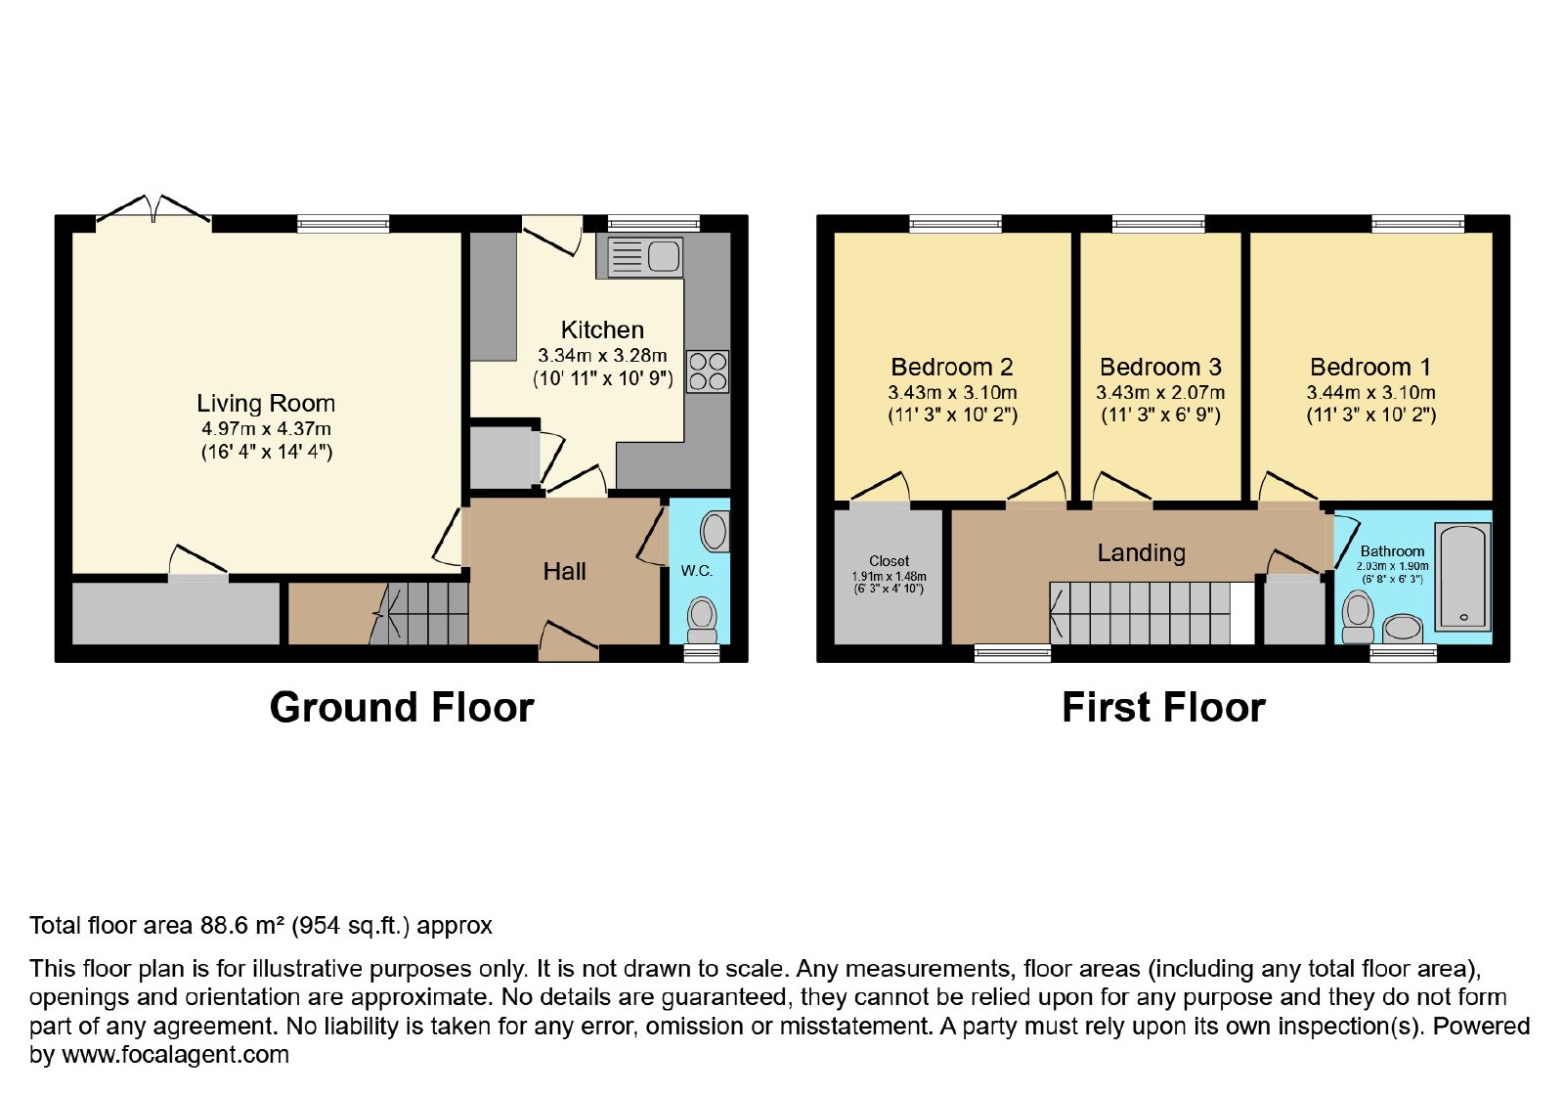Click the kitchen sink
click(645, 257)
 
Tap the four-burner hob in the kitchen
click(708, 372)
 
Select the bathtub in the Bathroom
click(1462, 577)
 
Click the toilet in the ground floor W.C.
click(702, 620)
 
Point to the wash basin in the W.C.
click(715, 532)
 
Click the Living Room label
click(266, 404)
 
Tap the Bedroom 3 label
click(1160, 367)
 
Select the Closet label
click(889, 561)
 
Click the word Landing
click(1142, 553)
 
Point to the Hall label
click(564, 571)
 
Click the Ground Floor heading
click(402, 708)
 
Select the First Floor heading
click(1163, 708)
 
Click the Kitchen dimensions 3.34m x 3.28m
click(602, 356)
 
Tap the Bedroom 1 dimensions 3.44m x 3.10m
click(1370, 392)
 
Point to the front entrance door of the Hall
click(568, 642)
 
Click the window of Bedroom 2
click(955, 224)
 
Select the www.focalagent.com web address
click(175, 1054)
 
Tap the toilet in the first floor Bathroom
click(1358, 617)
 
